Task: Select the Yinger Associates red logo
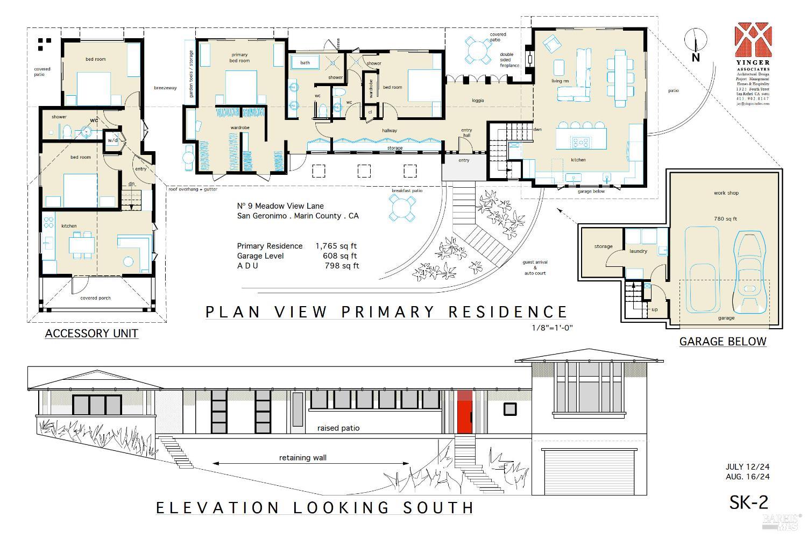pos(753,40)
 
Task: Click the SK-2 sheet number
pos(748,502)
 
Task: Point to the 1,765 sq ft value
pos(336,246)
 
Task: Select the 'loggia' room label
pos(478,101)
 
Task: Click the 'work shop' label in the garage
pos(726,193)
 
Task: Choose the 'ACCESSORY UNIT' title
pos(91,334)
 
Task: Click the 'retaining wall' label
pos(302,458)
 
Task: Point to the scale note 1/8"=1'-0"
pos(551,327)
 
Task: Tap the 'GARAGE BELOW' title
pos(723,341)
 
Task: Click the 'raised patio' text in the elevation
pos(338,428)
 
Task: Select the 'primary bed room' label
pos(239,58)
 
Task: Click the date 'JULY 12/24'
pos(747,467)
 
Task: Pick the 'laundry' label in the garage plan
pos(638,251)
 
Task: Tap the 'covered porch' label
pos(95,298)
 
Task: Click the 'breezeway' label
pos(165,88)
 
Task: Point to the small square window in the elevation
pos(510,409)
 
